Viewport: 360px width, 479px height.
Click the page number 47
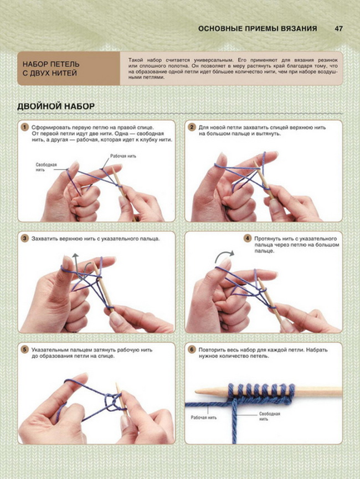pyautogui.click(x=338, y=29)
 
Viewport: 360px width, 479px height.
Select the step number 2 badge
pyautogui.click(x=192, y=127)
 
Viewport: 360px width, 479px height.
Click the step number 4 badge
pyautogui.click(x=247, y=239)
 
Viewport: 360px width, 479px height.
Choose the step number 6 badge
pyautogui.click(x=192, y=350)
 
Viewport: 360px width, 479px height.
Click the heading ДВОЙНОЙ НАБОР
pyautogui.click(x=56, y=106)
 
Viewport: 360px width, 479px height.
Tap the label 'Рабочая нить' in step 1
pyautogui.click(x=123, y=156)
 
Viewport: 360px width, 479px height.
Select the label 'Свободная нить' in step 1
pyautogui.click(x=46, y=167)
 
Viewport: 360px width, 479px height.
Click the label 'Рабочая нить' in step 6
pyautogui.click(x=204, y=418)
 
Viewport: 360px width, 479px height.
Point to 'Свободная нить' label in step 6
pyautogui.click(x=270, y=416)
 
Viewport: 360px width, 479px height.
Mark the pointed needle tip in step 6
pyautogui.click(x=196, y=391)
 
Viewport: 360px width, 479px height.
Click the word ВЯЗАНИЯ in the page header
pyautogui.click(x=297, y=29)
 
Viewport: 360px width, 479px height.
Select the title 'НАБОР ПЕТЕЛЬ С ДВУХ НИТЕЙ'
pyautogui.click(x=51, y=69)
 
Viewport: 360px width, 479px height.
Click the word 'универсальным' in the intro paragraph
pyautogui.click(x=212, y=60)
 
